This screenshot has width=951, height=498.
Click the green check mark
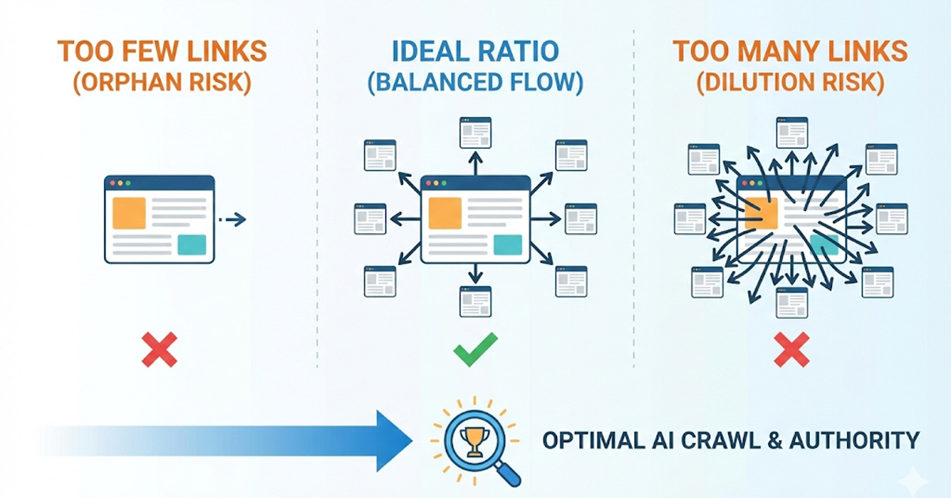[475, 349]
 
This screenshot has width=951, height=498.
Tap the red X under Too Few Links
[159, 349]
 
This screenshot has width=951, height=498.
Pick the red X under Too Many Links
[791, 349]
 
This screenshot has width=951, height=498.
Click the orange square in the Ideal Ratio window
[445, 213]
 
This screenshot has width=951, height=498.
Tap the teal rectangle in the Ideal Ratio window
[508, 245]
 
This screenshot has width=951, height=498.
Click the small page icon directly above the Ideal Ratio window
[475, 132]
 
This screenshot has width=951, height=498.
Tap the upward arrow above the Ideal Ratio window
[475, 163]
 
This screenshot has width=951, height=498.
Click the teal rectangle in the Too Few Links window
[192, 245]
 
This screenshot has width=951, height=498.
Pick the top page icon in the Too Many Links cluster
[792, 132]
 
